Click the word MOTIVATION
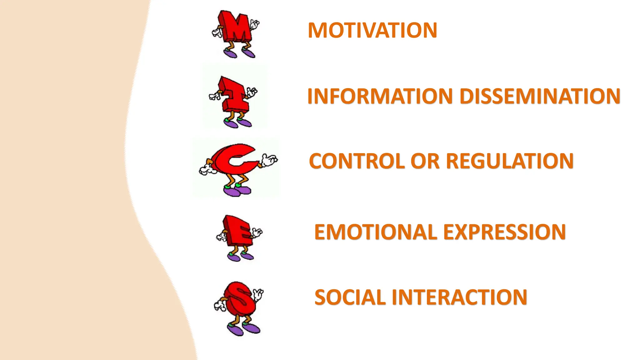372,30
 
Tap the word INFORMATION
380,96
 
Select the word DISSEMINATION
540,96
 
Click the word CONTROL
357,161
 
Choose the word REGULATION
510,161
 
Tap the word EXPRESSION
504,232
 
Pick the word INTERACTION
459,297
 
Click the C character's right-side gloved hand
269,160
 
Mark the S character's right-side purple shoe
252,328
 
